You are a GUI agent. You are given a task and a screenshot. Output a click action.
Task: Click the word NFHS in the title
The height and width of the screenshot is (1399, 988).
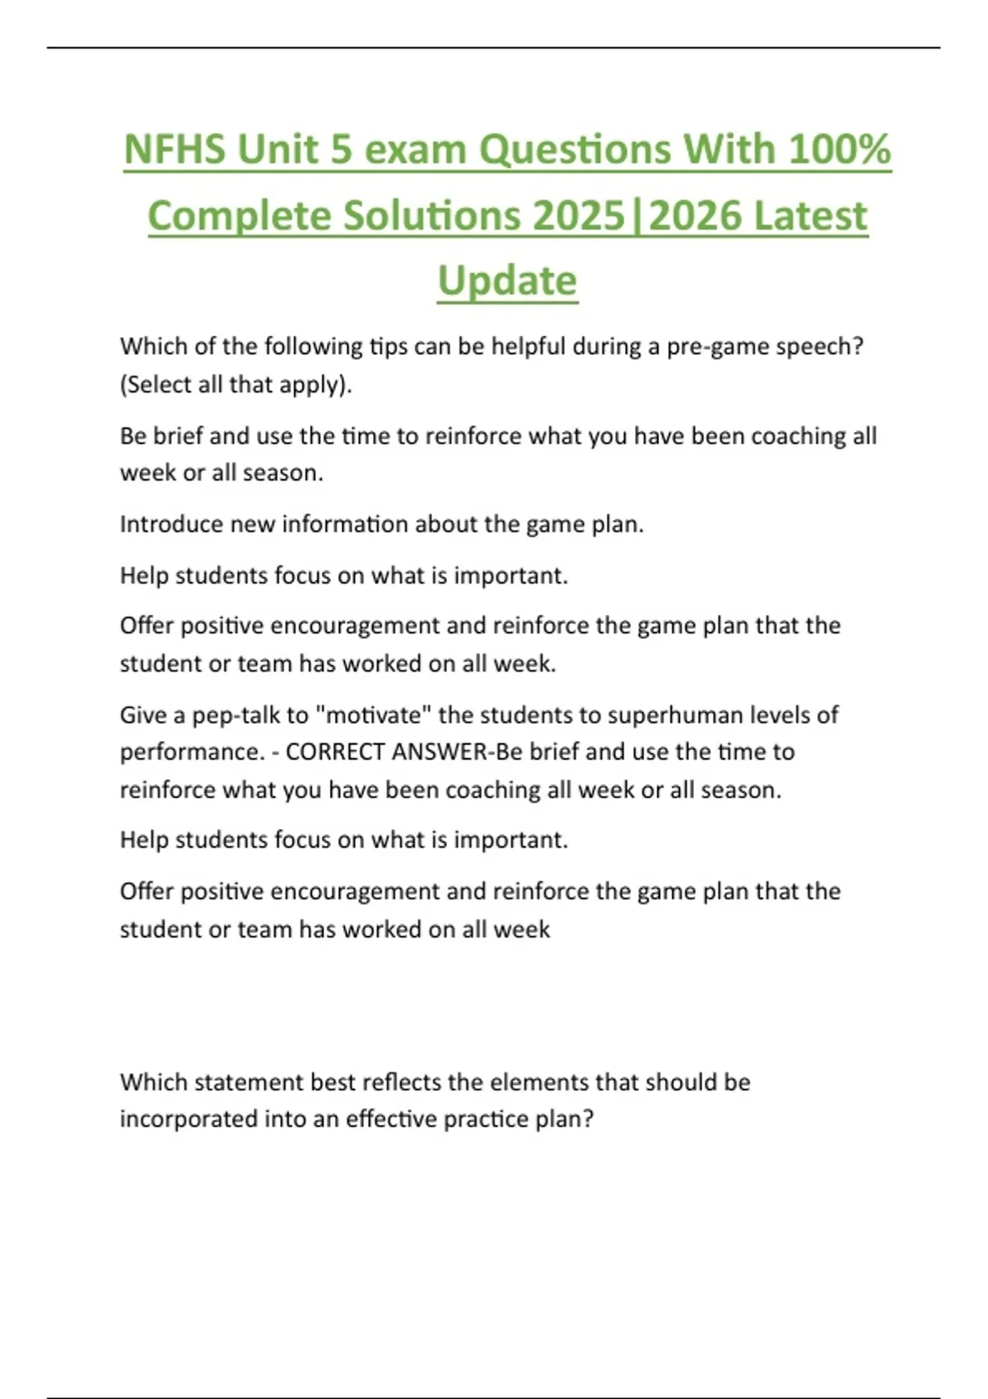coord(174,150)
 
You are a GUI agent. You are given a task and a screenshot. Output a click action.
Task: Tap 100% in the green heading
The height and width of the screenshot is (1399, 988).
coord(839,150)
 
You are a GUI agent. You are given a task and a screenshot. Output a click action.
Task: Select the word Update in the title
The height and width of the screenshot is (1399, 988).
coord(507,281)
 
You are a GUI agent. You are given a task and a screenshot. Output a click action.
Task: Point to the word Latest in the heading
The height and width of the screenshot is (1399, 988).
coord(810,216)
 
